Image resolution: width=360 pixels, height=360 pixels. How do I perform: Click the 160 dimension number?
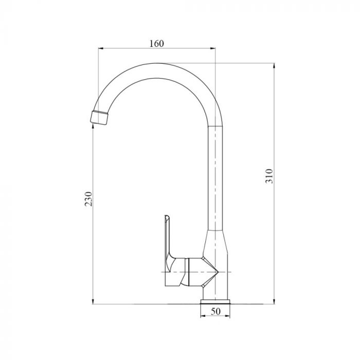click(157, 43)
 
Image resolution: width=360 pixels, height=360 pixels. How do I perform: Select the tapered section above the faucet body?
click(215, 242)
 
